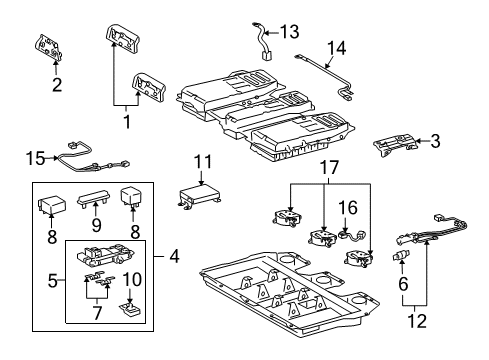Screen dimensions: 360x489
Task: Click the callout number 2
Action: coord(56,84)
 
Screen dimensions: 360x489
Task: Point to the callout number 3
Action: coord(436,142)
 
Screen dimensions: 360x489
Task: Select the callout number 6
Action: coord(404,284)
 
